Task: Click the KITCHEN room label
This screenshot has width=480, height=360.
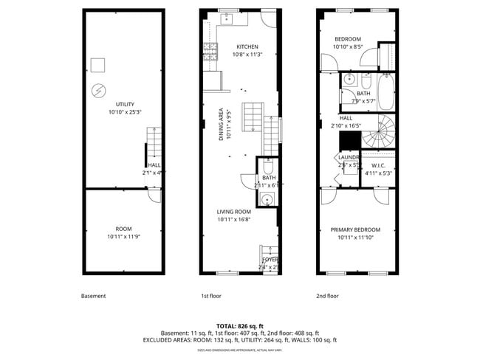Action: (x=247, y=46)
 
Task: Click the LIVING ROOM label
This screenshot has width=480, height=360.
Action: (x=233, y=212)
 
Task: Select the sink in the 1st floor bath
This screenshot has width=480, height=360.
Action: (x=268, y=198)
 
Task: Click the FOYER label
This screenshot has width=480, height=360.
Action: (x=269, y=260)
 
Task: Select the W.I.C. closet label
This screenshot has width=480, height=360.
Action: (x=379, y=165)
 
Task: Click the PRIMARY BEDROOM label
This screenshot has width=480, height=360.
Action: (x=355, y=230)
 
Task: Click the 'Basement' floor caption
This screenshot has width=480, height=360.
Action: (x=93, y=296)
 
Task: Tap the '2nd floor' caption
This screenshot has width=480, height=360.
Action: (x=327, y=296)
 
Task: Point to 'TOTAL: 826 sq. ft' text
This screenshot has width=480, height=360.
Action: (x=239, y=325)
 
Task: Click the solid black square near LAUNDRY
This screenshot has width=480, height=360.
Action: (x=348, y=141)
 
